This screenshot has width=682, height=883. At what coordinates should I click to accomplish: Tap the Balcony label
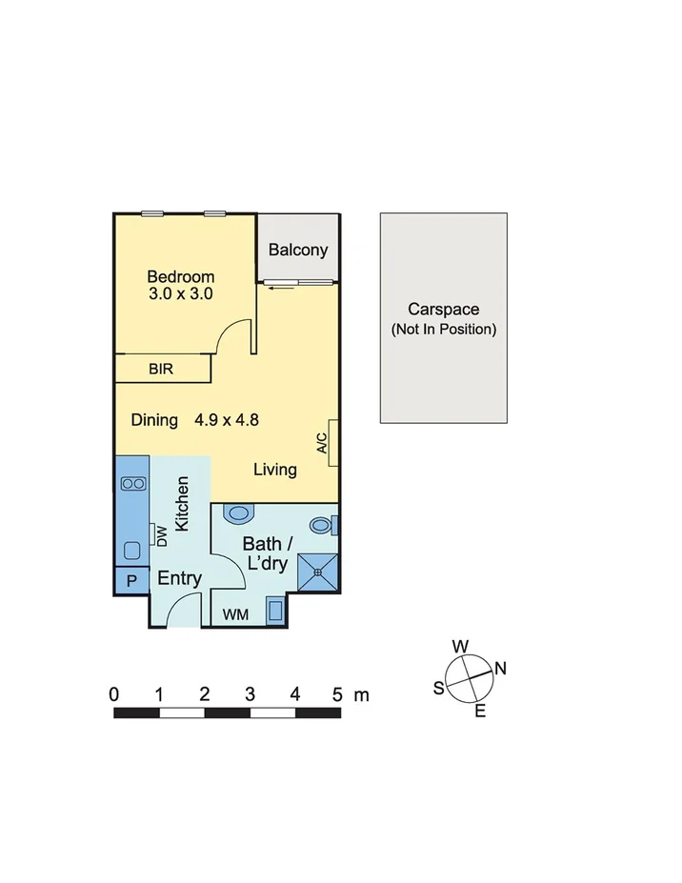298,251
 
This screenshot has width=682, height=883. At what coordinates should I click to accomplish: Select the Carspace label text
443,310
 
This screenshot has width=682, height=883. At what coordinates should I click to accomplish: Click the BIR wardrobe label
161,369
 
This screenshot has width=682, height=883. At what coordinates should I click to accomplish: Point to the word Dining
154,420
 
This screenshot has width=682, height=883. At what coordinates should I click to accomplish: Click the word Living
275,470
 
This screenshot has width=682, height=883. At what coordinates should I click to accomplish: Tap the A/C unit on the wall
333,443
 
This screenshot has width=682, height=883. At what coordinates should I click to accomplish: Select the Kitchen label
183,503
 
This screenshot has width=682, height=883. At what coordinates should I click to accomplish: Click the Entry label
179,578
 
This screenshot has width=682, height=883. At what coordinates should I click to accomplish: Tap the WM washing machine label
235,615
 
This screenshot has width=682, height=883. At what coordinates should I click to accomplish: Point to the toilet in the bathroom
240,514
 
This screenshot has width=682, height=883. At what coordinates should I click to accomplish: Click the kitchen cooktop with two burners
133,484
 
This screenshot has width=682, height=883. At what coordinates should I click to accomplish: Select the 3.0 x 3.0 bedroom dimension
180,294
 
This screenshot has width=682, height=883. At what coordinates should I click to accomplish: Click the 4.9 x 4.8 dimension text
228,420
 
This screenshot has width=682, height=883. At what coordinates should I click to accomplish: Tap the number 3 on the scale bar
250,694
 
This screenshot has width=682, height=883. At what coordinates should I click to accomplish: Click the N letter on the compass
501,669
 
